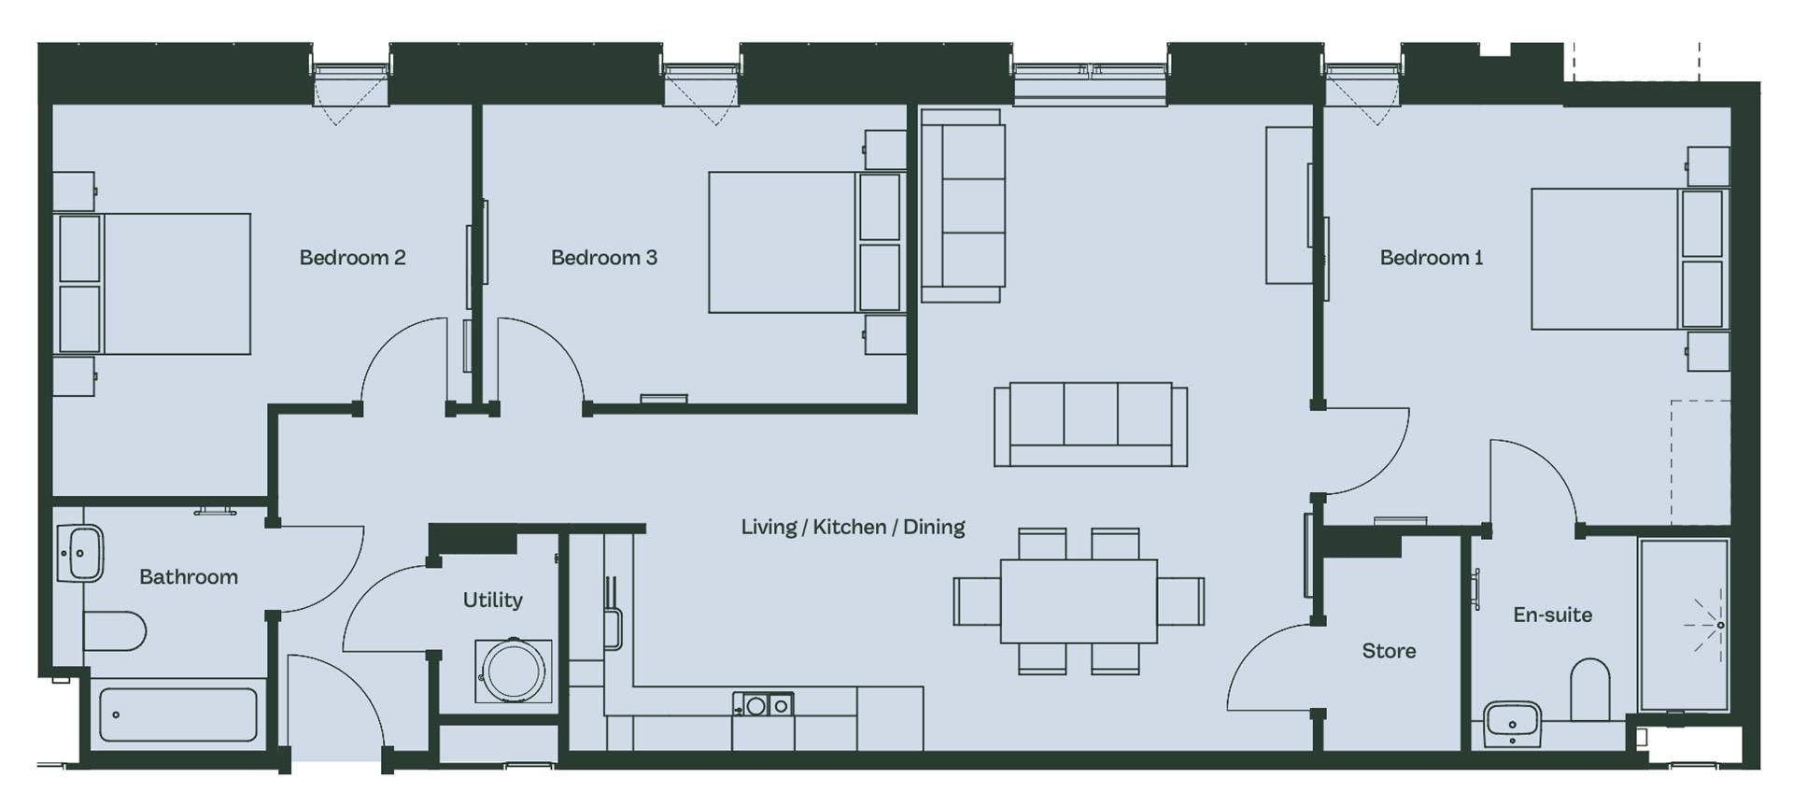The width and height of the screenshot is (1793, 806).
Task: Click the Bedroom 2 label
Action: [x=352, y=258]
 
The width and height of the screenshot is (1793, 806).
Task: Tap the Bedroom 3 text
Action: [x=604, y=258]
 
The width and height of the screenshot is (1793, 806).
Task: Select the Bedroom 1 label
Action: [x=1432, y=258]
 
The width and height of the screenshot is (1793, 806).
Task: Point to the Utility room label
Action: [x=492, y=601]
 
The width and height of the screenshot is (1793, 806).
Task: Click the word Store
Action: [x=1389, y=651]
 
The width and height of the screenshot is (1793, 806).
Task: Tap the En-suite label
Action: [x=1552, y=615]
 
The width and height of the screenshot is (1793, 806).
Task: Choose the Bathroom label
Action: [x=189, y=577]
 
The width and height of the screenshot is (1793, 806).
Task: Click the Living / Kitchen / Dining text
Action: [x=853, y=527]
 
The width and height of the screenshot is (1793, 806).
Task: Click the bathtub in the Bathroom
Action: [x=177, y=715]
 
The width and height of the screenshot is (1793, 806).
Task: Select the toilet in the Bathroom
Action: [x=114, y=631]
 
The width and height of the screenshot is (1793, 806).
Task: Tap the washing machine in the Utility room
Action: [x=513, y=671]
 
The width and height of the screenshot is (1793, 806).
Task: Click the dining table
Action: [x=1079, y=601]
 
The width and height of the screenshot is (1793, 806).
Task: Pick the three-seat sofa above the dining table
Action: [x=1091, y=424]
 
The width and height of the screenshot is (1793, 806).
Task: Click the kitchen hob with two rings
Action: [x=763, y=705]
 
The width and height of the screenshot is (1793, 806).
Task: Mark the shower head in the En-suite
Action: [x=1720, y=625]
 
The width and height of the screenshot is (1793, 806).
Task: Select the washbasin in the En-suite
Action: [x=1512, y=724]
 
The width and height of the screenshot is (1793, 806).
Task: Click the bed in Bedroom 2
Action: [x=154, y=284]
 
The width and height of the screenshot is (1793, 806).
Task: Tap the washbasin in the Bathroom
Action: [x=80, y=553]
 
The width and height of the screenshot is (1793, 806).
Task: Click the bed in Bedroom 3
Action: [x=806, y=242]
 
